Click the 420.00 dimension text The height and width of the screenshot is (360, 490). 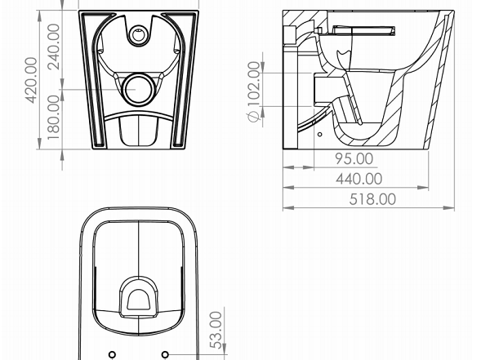coord(31,80)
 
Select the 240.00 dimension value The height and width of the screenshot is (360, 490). coord(53,47)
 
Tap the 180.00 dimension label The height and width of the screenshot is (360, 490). coord(53,118)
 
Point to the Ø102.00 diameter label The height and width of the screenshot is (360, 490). coord(254,91)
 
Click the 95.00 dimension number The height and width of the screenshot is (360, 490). coord(354,158)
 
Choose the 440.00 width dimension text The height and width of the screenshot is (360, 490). coord(359,179)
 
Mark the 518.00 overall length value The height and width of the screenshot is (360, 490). coord(372,199)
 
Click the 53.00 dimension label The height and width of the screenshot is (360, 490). coord(216,330)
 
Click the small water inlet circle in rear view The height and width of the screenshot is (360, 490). coord(138,34)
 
